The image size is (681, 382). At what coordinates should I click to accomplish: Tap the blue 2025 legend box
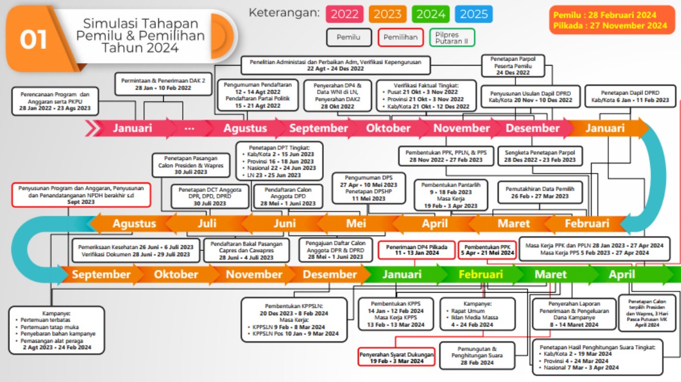pyautogui.click(x=474, y=14)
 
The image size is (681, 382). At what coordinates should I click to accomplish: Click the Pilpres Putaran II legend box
pyautogui.click(x=452, y=38)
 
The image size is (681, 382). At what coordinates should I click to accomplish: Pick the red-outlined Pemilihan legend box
pyautogui.click(x=401, y=38)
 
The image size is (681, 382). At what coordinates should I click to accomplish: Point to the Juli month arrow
pyautogui.click(x=207, y=223)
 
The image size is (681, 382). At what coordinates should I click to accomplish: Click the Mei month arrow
pyautogui.click(x=356, y=223)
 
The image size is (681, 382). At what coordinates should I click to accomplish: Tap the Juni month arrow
pyautogui.click(x=285, y=223)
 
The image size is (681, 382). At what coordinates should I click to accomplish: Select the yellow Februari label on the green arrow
pyautogui.click(x=480, y=275)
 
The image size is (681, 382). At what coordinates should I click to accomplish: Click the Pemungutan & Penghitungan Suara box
pyautogui.click(x=477, y=355)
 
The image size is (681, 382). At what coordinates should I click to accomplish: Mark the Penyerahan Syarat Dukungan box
pyautogui.click(x=396, y=357)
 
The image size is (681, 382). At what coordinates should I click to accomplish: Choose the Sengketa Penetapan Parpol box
pyautogui.click(x=540, y=156)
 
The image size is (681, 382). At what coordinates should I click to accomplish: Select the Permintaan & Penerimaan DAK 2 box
pyautogui.click(x=155, y=83)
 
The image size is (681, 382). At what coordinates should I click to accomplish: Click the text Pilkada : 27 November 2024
pyautogui.click(x=610, y=26)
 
